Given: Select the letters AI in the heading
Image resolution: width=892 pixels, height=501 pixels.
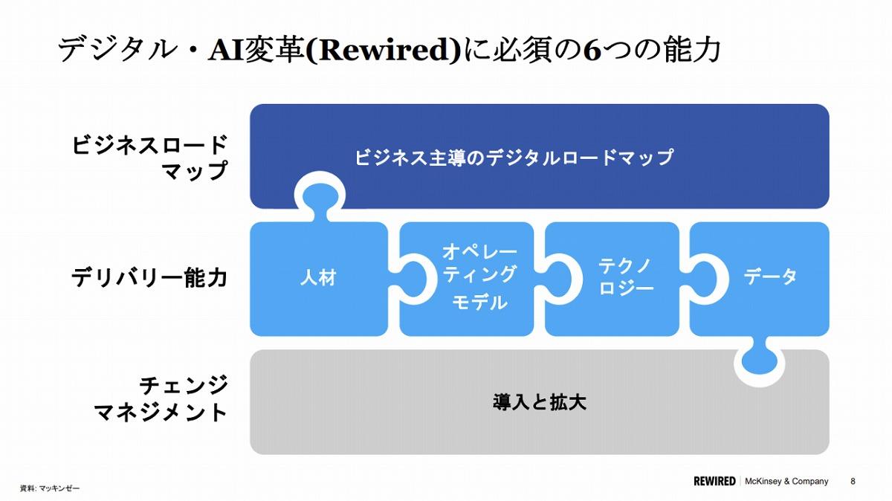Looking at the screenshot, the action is click(226, 51).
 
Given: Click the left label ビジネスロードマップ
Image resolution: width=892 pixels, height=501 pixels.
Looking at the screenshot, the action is click(149, 158).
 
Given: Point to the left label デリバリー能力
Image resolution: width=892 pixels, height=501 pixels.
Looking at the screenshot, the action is click(149, 277).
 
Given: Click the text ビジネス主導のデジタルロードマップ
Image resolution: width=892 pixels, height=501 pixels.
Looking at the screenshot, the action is click(514, 158).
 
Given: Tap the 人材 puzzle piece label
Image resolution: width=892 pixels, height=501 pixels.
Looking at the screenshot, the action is click(319, 277).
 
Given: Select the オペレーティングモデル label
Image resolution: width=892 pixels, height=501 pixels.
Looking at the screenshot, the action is click(479, 277).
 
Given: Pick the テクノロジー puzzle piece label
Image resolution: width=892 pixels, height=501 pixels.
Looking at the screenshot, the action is click(626, 277).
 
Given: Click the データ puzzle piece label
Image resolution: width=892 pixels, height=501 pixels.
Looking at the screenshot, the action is click(770, 277).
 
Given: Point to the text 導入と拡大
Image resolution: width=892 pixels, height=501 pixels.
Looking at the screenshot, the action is click(539, 402).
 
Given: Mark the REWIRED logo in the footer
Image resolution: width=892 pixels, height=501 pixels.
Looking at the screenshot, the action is click(714, 481).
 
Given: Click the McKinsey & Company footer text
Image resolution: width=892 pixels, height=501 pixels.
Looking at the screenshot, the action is click(786, 481).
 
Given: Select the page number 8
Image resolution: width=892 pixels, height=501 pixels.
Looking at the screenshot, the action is click(853, 481).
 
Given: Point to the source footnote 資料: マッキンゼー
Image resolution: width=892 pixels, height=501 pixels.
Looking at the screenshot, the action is click(50, 488).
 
